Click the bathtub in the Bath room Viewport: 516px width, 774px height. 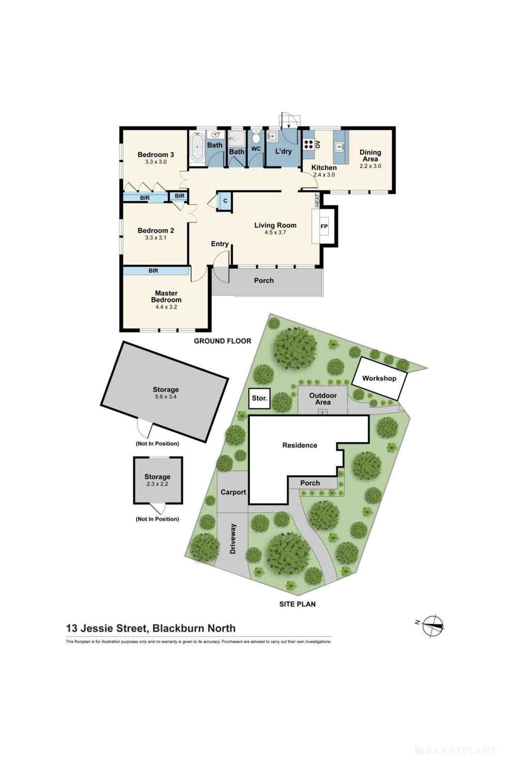tap(197, 147)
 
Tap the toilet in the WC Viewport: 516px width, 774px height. tap(256, 137)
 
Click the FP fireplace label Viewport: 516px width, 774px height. tap(324, 226)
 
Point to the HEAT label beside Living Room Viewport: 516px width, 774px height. tap(317, 200)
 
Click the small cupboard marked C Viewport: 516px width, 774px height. tap(225, 200)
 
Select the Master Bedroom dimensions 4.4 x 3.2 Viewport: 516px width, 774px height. tap(166, 307)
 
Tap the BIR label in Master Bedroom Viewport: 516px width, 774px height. tap(153, 271)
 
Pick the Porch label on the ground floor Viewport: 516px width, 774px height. tap(264, 281)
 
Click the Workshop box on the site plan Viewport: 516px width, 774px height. tap(379, 378)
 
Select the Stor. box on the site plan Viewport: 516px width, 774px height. tap(259, 398)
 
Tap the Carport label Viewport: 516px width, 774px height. tap(233, 492)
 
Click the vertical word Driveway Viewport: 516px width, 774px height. tap(233, 538)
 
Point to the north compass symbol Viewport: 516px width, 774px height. tap(433, 625)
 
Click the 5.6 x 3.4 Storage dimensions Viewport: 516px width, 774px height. tap(165, 397)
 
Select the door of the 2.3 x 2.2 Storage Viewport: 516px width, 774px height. tap(157, 508)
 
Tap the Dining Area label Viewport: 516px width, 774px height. tap(370, 155)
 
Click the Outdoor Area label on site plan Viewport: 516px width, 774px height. tap(323, 399)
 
